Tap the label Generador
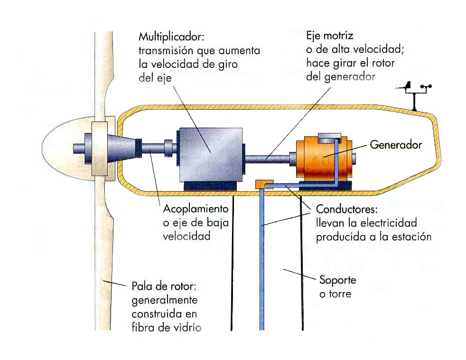[396, 144]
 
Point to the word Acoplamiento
[196, 209]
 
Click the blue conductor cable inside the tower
[261, 261]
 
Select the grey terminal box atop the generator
[327, 137]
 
